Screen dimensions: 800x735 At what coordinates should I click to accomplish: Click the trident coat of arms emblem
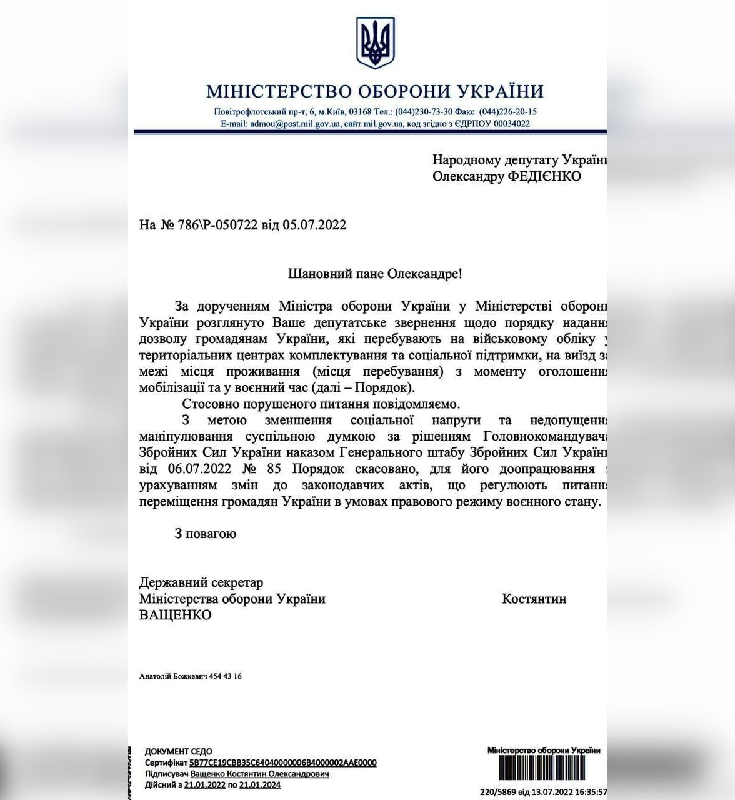(x=375, y=42)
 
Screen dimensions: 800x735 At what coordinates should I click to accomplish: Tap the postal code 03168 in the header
(x=361, y=112)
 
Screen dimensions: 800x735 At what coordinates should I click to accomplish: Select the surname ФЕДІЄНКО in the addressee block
(x=544, y=176)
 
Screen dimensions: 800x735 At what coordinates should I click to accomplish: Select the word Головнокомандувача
(x=544, y=436)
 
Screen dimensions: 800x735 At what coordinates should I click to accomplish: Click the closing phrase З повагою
(x=205, y=534)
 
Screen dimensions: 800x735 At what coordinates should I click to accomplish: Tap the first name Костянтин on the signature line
(x=534, y=599)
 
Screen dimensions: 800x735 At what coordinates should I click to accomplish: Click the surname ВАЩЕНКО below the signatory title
(x=175, y=615)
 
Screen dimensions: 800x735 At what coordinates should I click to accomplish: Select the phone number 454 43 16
(x=228, y=676)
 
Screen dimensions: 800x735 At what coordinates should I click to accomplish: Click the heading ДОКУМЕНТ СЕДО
(x=179, y=751)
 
